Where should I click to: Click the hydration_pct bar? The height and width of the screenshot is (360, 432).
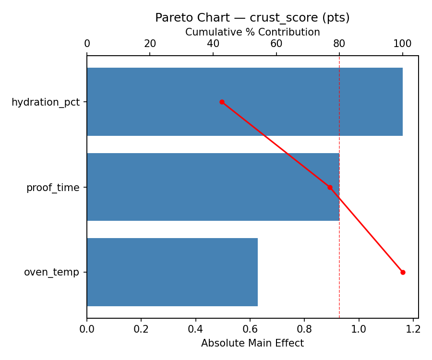(245, 102)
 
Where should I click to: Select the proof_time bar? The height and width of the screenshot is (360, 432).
(213, 187)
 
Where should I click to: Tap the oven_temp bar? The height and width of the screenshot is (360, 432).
(172, 272)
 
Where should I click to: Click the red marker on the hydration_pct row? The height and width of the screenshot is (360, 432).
(222, 102)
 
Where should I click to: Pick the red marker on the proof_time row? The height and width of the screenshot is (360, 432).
(330, 187)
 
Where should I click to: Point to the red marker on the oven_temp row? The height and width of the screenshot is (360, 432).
(403, 272)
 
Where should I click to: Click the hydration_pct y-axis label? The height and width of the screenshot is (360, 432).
(46, 102)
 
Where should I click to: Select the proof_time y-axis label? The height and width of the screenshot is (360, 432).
(53, 188)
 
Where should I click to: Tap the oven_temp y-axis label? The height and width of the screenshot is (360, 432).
(51, 273)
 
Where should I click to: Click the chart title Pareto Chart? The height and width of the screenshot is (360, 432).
(252, 18)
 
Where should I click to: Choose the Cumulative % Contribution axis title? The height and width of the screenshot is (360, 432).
(252, 32)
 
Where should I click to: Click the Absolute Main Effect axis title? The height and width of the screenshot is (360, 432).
(252, 343)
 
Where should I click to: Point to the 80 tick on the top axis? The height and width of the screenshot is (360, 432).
(339, 44)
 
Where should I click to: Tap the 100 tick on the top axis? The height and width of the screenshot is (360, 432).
(402, 44)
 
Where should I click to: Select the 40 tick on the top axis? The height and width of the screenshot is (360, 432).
(213, 44)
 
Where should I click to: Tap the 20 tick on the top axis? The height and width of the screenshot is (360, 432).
(150, 44)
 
